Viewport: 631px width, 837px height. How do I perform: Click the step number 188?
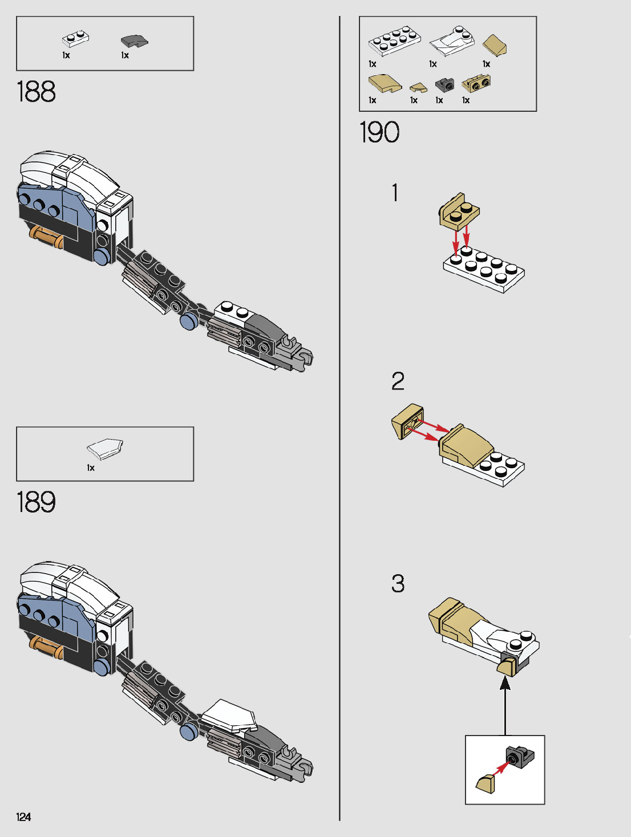tap(36, 92)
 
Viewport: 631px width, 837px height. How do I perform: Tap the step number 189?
tap(36, 502)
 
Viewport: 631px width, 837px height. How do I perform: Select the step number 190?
tap(379, 132)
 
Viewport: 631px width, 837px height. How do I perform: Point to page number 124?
tap(23, 817)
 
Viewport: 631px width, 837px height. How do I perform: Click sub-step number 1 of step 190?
tap(395, 193)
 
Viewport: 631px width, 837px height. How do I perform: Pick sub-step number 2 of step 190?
tap(398, 381)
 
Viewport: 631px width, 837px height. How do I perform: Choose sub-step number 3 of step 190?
tap(398, 583)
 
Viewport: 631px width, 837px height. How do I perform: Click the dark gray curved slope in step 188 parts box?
tap(134, 41)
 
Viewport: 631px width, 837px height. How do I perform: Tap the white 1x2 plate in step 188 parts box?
tap(75, 39)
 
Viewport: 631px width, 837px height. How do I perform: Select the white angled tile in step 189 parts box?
tap(105, 448)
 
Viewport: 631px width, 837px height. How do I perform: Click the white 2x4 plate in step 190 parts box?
tap(395, 40)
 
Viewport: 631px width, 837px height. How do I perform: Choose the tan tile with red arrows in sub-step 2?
tap(407, 421)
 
